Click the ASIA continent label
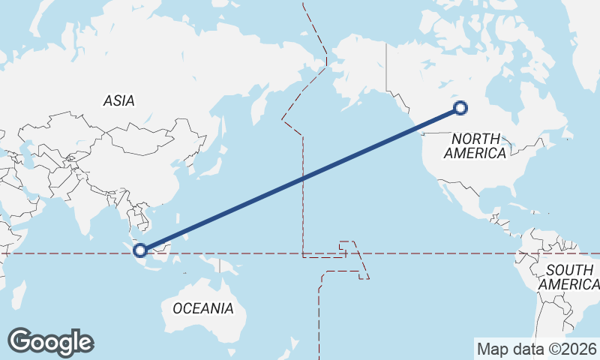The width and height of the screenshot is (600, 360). [119, 100]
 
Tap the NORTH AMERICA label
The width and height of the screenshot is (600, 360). [475, 145]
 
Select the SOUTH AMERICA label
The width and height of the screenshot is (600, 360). [569, 277]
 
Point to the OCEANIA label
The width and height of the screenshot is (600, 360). [202, 308]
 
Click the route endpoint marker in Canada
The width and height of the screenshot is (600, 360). [460, 108]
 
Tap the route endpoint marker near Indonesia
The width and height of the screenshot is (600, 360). [140, 250]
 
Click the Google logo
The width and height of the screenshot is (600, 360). [50, 342]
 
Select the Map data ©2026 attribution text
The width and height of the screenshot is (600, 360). [537, 349]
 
